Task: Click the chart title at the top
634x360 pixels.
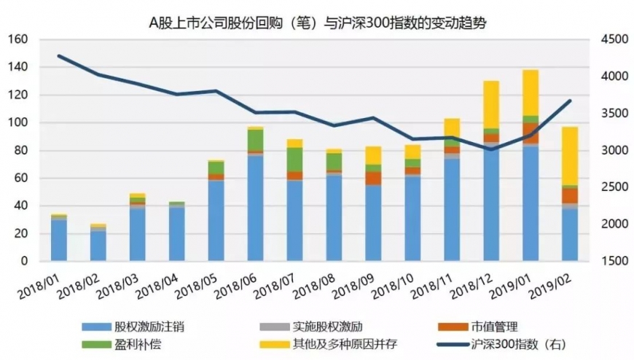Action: [317, 23]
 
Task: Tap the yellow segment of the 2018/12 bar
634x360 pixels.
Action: [491, 104]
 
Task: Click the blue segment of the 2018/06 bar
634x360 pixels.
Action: [255, 208]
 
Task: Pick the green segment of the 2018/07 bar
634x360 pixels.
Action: [294, 159]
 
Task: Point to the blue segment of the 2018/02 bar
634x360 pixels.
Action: [98, 246]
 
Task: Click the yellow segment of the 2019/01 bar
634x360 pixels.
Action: [531, 93]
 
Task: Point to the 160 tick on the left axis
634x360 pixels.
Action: [19, 39]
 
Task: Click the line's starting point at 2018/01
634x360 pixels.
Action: [58, 55]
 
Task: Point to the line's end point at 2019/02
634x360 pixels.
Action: [569, 101]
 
